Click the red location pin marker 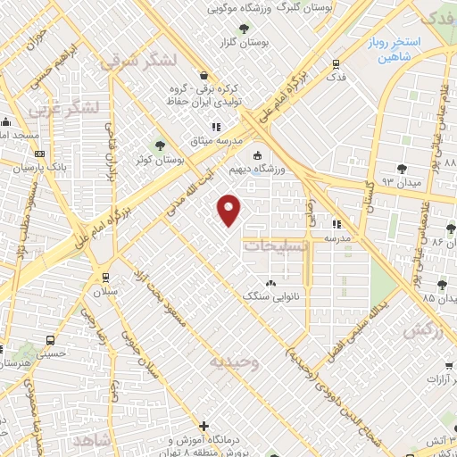coord(230,210)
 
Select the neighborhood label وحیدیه coord(234,361)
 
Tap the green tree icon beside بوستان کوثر coord(162,145)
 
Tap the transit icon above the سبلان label coord(106,276)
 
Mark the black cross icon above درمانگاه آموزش coord(204,426)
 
